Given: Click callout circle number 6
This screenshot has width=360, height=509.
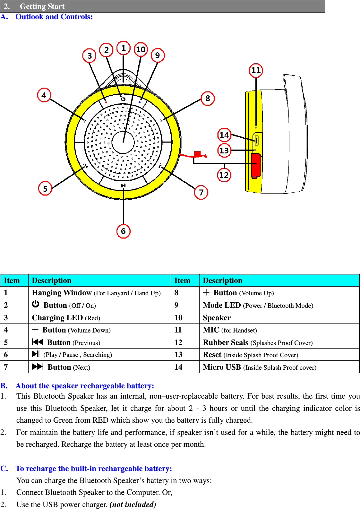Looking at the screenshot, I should point(123,231).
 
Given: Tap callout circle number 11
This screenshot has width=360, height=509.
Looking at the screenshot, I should point(256,70).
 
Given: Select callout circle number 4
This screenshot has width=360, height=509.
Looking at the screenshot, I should point(44,95).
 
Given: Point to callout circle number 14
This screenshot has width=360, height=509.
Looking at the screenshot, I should point(224,135).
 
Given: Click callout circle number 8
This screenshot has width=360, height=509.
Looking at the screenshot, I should point(208,98).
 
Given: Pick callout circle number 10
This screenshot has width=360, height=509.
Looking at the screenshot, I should point(141,50).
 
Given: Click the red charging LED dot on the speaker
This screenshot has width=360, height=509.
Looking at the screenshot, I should point(106,102).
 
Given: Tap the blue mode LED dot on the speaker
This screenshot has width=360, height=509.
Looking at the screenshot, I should point(140,102).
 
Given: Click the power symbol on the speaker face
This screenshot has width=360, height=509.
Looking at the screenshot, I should point(123,99).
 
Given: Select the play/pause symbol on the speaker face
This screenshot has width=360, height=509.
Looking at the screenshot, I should point(123,185).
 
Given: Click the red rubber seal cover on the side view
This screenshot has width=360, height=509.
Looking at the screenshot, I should point(256,165).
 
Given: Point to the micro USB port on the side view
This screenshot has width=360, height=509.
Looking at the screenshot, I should point(257,140).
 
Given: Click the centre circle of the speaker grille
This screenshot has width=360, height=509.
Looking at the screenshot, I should point(123,142).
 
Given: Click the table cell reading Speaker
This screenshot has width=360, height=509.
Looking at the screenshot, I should point(217,318).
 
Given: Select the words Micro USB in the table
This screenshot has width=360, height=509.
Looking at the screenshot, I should point(222,367).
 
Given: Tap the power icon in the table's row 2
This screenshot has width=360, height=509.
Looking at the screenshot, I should point(36,304).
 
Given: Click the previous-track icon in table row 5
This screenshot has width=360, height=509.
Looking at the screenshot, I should point(38,342).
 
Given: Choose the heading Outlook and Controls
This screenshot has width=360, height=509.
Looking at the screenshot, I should point(54,17).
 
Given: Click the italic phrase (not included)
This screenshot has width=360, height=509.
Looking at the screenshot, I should point(133,505).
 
